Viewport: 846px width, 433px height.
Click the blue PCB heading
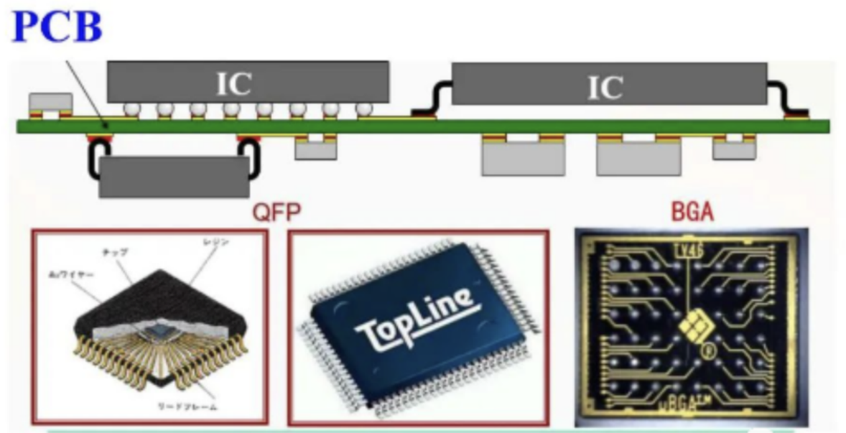coord(58,26)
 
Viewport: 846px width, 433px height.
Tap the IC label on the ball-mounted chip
coord(234,83)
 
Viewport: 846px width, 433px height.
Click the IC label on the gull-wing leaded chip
coord(605,86)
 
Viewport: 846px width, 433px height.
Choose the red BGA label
coord(692,213)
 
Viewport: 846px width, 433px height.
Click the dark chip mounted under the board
coord(174,176)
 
